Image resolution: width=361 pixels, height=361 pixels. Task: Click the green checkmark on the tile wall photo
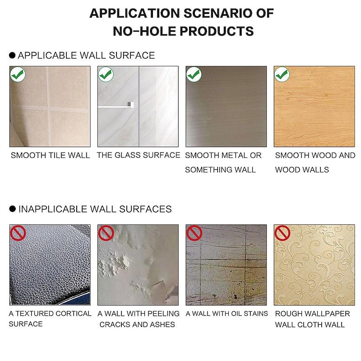18,74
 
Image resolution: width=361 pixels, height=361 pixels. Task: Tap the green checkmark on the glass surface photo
106,74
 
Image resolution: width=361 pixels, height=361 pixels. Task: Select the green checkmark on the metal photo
194,74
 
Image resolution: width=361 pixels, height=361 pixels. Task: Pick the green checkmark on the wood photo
282,74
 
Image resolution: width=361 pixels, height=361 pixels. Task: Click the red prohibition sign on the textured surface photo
18,233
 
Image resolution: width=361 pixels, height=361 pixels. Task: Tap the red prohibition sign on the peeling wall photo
106,233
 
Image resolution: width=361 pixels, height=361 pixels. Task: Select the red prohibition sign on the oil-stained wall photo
194,233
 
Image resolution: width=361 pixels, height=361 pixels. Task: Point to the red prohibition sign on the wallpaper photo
282,233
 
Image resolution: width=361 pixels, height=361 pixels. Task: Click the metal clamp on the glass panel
130,105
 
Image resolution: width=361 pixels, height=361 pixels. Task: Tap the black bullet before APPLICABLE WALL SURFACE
12,55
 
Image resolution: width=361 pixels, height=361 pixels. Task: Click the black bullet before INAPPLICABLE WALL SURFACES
13,209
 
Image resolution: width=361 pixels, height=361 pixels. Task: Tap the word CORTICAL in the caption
74,314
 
